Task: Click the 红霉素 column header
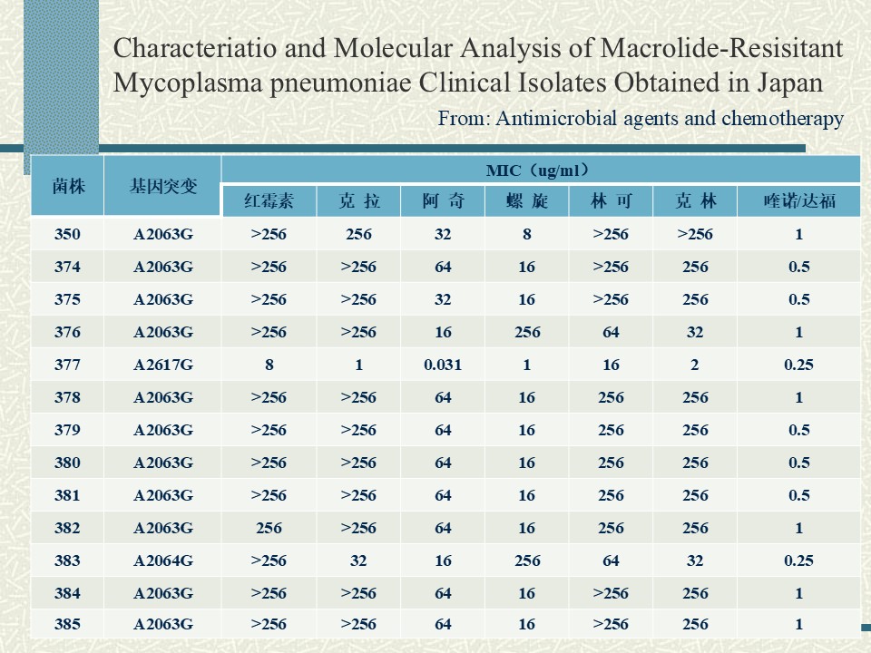269,200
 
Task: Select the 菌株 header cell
68,186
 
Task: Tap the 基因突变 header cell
162,186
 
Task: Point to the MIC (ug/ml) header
537,170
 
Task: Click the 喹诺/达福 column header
798,200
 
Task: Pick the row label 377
67,365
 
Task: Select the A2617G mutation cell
163,365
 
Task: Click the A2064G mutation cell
163,560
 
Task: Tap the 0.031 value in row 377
443,365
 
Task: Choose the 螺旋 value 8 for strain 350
526,234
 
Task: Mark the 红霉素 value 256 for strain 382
269,528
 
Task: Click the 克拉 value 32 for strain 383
358,560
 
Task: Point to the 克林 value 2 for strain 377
694,365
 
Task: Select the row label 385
67,624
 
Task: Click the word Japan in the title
789,83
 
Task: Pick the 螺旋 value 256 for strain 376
527,332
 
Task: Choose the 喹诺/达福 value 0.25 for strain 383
798,560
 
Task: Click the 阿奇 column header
443,200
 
